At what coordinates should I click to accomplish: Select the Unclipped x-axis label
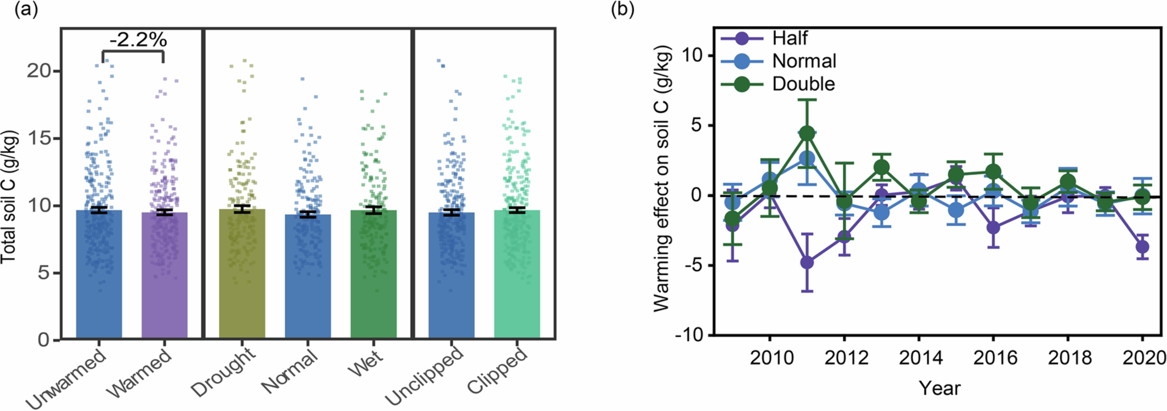click(425, 376)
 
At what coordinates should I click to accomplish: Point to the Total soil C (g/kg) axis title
click(9, 197)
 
